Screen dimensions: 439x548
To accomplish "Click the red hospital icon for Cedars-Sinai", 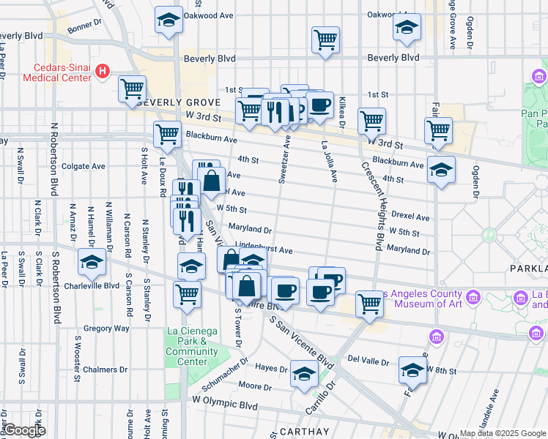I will point(103,72).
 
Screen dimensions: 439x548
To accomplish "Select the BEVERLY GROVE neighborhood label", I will point(179,102).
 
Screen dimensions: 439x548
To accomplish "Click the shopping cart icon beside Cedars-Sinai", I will point(132,89).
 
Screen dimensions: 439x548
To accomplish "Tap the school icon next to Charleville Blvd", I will point(92,262).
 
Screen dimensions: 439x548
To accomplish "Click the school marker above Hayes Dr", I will point(304,374).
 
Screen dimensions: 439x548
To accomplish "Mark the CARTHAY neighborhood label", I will point(303,432).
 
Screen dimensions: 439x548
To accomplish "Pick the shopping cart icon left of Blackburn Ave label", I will point(168,134).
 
